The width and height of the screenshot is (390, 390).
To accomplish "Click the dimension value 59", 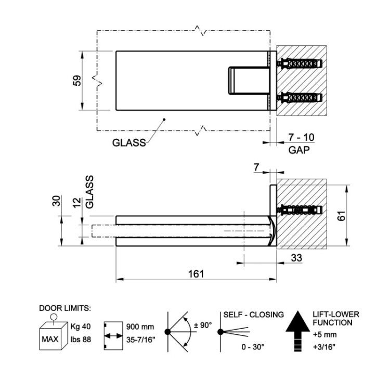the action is [x=77, y=80].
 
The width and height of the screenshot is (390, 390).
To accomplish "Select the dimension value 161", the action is [x=196, y=274].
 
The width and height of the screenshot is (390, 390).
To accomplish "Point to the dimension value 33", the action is [x=296, y=258].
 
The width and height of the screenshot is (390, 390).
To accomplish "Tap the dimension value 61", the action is [x=342, y=215].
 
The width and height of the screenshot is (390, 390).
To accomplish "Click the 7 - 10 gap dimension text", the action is [x=301, y=137].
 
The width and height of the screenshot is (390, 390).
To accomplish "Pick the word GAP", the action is [x=299, y=150].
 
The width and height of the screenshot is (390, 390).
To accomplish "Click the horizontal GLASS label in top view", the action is [x=129, y=143].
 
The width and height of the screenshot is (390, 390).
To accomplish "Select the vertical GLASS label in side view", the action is [x=89, y=192].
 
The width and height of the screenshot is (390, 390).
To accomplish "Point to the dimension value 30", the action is [x=57, y=201].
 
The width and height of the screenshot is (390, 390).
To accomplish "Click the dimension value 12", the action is [x=77, y=202].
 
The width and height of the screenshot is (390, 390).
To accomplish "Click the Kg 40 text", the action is [x=81, y=326].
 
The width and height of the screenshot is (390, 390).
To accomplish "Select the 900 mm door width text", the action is [x=140, y=327].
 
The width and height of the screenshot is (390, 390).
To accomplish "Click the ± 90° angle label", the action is [x=203, y=325].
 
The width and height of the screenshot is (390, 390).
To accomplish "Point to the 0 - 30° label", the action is [x=253, y=347].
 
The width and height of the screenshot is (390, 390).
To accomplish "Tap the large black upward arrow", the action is [x=298, y=331].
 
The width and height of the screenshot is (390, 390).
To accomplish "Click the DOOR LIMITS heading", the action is [x=65, y=308].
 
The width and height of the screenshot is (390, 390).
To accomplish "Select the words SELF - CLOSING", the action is [x=253, y=315].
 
